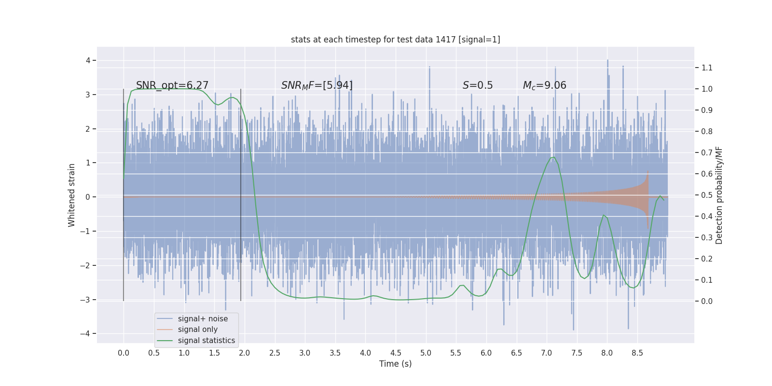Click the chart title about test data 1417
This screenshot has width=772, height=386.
(x=395, y=40)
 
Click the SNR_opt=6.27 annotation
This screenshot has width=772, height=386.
(x=172, y=85)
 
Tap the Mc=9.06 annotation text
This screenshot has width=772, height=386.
(x=544, y=85)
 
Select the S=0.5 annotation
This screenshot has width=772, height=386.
(x=478, y=85)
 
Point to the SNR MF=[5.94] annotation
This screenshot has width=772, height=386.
(x=317, y=85)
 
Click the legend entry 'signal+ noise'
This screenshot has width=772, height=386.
(x=203, y=319)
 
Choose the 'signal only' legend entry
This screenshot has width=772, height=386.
(x=198, y=330)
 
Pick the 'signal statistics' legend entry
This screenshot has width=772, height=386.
(x=207, y=341)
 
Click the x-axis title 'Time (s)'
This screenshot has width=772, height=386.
(x=395, y=364)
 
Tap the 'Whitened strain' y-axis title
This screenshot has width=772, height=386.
(x=72, y=195)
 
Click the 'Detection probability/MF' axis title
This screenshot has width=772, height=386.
(x=719, y=195)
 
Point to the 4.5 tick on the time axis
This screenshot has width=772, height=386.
(x=396, y=353)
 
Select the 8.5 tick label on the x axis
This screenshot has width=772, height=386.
(x=637, y=353)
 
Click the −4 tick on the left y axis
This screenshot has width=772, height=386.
(x=88, y=333)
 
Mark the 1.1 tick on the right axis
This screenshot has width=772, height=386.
(x=707, y=68)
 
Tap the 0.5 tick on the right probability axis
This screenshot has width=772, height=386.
(x=707, y=195)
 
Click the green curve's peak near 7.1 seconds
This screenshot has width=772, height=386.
(x=552, y=157)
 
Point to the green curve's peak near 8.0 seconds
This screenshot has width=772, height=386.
(x=604, y=215)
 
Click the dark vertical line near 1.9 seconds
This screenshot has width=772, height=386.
(x=241, y=193)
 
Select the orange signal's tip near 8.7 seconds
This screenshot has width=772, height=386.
(x=648, y=172)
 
